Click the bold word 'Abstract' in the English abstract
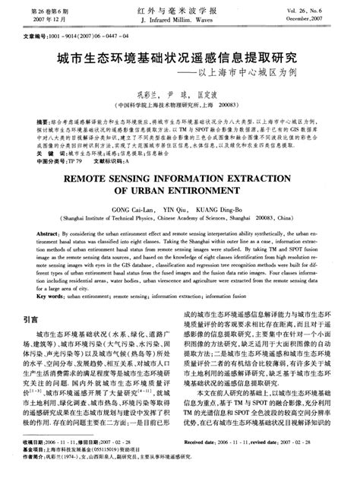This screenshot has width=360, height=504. (x=38, y=229)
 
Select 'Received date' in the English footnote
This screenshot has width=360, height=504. (x=205, y=463)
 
